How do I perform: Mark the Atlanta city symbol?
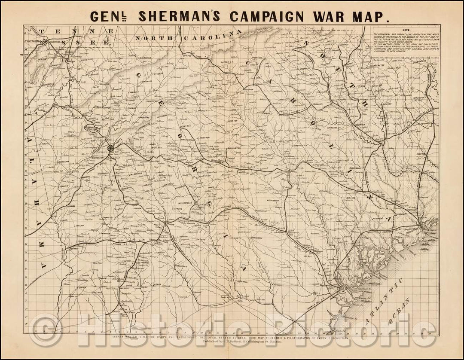click(x=111, y=148)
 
